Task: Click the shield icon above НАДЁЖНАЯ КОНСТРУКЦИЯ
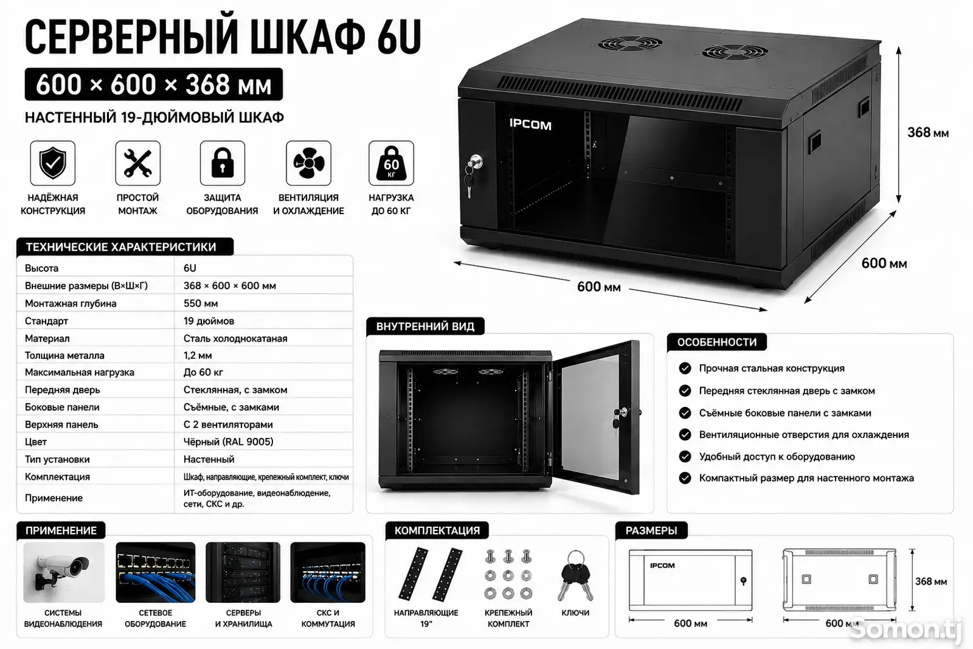tap(52, 163)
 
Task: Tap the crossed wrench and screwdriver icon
tap(137, 164)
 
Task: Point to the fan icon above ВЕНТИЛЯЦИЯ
tap(308, 164)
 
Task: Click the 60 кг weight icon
tap(391, 164)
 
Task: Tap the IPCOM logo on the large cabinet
tap(530, 125)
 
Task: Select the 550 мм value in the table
tap(201, 304)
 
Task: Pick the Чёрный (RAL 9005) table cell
tap(229, 442)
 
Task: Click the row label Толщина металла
tap(64, 355)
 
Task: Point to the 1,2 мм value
tap(198, 355)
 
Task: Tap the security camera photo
tap(64, 572)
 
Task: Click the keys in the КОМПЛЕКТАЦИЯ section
tap(575, 575)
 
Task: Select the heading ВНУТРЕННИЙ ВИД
tap(425, 326)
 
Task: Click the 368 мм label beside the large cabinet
tap(928, 133)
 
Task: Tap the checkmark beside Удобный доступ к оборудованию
tap(685, 457)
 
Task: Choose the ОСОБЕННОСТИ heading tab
tap(717, 342)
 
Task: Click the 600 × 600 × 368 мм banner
tap(154, 85)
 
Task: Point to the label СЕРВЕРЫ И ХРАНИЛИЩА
tap(243, 618)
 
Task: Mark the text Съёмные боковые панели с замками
tap(785, 412)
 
